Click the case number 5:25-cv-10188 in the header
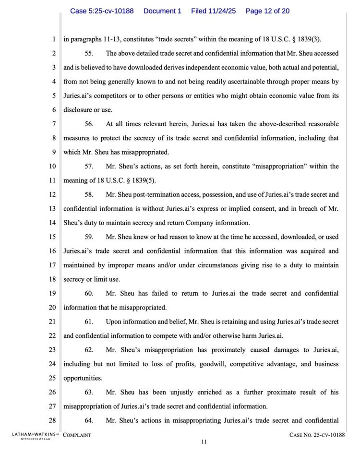pyautogui.click(x=102, y=11)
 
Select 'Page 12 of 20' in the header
pyautogui.click(x=267, y=11)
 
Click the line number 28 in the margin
pyautogui.click(x=52, y=420)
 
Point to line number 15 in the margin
pyautogui.click(x=52, y=237)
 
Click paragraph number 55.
pyautogui.click(x=89, y=53)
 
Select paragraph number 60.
pyautogui.click(x=89, y=293)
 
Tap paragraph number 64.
pyautogui.click(x=89, y=420)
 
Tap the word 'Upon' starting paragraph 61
pyautogui.click(x=114, y=322)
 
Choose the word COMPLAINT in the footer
pyautogui.click(x=77, y=435)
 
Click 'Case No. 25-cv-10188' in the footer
pyautogui.click(x=317, y=435)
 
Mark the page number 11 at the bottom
pyautogui.click(x=204, y=442)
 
